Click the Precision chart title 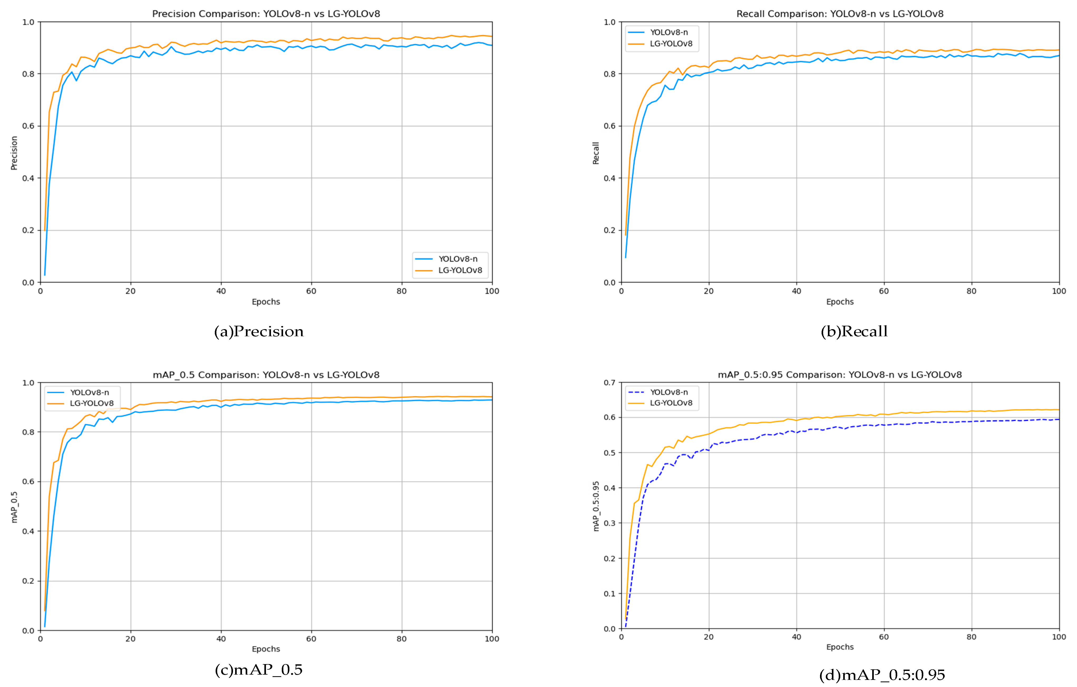point(266,14)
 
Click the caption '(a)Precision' point(259,332)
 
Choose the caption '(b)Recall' point(854,332)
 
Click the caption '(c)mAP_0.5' point(259,670)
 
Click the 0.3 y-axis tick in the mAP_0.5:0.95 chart point(610,523)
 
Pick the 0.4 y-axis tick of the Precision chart point(28,178)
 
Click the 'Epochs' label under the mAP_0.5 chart point(266,649)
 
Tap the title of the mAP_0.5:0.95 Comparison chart point(840,375)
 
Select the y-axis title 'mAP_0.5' point(14,507)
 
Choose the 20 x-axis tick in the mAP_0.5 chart point(130,639)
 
